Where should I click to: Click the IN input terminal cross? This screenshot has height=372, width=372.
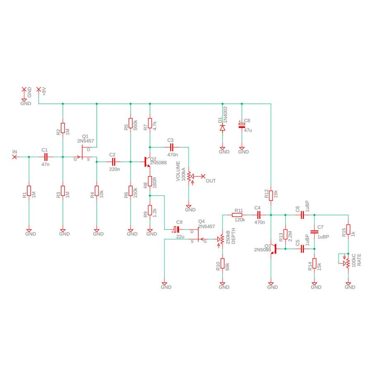14,157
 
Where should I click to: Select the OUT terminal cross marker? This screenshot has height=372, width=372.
203,176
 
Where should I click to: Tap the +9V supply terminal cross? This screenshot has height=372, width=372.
38,89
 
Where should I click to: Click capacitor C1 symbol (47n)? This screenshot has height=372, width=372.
46,157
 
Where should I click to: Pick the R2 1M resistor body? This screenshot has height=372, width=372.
63,128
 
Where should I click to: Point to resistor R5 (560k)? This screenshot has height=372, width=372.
131,123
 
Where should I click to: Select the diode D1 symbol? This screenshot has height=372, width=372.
222,128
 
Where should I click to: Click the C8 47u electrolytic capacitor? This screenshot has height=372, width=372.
242,125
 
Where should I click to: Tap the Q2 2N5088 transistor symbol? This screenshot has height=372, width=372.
147,162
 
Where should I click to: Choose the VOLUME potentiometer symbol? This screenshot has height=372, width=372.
189,176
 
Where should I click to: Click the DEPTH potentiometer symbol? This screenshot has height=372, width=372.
222,239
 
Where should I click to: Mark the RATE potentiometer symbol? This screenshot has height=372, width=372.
347,263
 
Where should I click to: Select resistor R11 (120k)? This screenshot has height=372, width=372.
237,215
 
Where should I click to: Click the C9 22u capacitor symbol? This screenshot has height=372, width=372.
176,229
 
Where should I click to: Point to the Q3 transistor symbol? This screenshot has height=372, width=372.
274,249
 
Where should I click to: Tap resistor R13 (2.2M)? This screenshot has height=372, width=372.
285,234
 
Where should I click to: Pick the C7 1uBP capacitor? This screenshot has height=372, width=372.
315,232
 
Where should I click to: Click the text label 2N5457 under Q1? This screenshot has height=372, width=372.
86,141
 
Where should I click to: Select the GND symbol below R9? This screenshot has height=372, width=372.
150,231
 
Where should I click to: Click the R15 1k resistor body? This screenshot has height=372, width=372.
348,229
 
